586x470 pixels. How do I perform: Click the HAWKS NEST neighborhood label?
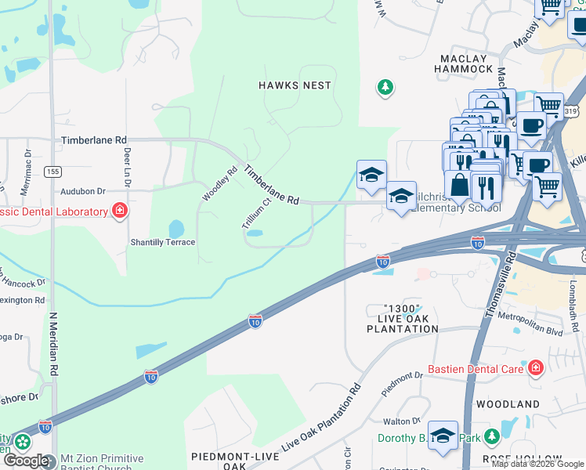(296, 85)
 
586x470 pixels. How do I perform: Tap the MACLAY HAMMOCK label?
(464, 64)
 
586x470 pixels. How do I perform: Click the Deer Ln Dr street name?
(126, 168)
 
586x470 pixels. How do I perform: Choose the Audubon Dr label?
(81, 191)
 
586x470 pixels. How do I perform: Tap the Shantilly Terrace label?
(162, 242)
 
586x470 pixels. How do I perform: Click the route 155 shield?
(52, 171)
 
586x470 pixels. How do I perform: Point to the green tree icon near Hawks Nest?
(385, 87)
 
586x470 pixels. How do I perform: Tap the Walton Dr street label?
(397, 421)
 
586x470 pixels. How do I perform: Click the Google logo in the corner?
(26, 461)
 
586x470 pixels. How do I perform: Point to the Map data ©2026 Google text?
(537, 464)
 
